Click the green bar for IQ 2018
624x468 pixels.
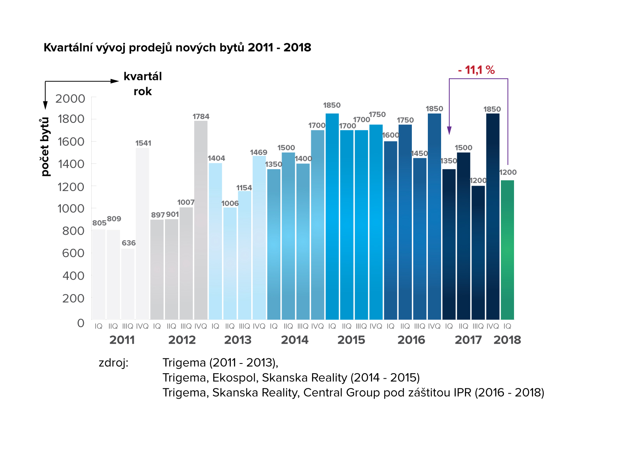pyautogui.click(x=507, y=250)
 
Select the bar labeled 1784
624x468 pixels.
pyautogui.click(x=201, y=220)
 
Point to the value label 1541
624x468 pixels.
pyautogui.click(x=143, y=143)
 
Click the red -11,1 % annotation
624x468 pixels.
pyautogui.click(x=476, y=70)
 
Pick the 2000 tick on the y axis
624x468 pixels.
pyautogui.click(x=70, y=99)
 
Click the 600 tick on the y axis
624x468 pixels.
pyautogui.click(x=73, y=253)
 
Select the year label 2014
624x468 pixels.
pyautogui.click(x=294, y=340)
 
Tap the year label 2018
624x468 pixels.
pyautogui.click(x=507, y=340)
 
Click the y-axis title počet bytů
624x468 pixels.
pyautogui.click(x=45, y=147)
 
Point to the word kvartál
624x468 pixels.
pyautogui.click(x=142, y=76)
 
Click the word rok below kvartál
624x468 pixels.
pyautogui.click(x=142, y=92)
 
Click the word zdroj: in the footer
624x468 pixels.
pyautogui.click(x=113, y=363)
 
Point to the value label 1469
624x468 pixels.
pyautogui.click(x=259, y=152)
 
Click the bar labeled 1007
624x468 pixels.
pyautogui.click(x=186, y=263)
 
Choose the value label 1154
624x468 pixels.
pyautogui.click(x=244, y=188)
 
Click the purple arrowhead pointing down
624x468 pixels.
pyautogui.click(x=449, y=131)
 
